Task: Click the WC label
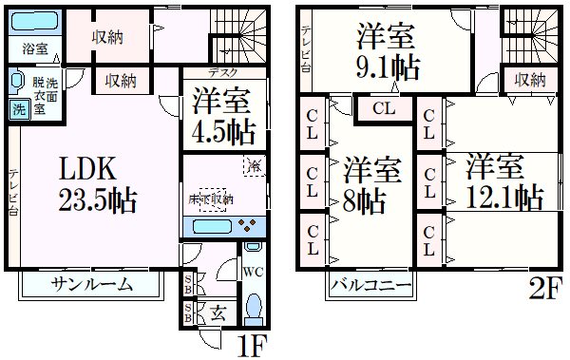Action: pyautogui.click(x=253, y=273)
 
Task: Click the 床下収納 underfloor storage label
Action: pyautogui.click(x=211, y=199)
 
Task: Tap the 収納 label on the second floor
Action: pyautogui.click(x=523, y=81)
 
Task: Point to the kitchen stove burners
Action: pyautogui.click(x=248, y=226)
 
